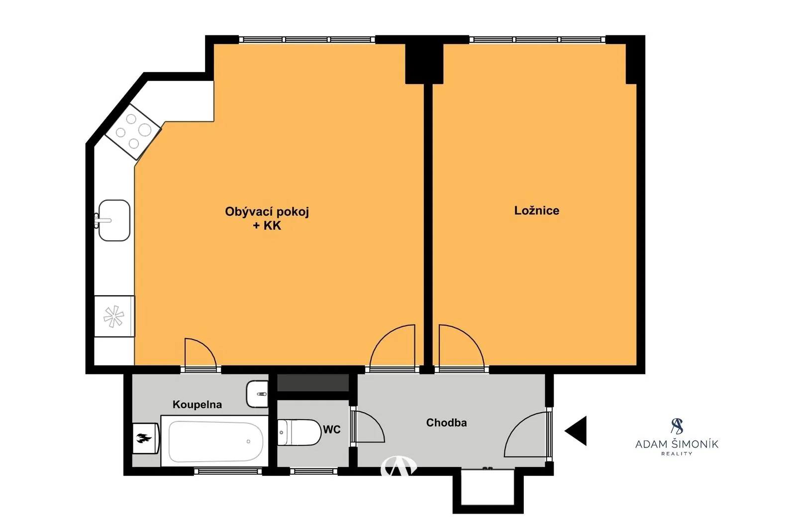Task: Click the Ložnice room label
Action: pyautogui.click(x=537, y=211)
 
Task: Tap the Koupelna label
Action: pyautogui.click(x=197, y=404)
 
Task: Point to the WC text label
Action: pyautogui.click(x=331, y=430)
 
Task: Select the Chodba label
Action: pyautogui.click(x=446, y=423)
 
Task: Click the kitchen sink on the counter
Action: pyautogui.click(x=114, y=220)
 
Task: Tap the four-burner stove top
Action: pyautogui.click(x=133, y=131)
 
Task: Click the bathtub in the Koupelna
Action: pyautogui.click(x=214, y=441)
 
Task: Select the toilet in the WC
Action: pyautogui.click(x=299, y=433)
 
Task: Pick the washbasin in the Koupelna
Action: pyautogui.click(x=257, y=394)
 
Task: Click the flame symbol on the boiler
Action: pyautogui.click(x=144, y=439)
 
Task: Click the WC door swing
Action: pyautogui.click(x=370, y=426)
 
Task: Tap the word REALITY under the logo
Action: pyautogui.click(x=677, y=453)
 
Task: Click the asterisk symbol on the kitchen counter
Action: pyautogui.click(x=114, y=316)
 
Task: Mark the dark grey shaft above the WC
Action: pyautogui.click(x=313, y=382)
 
